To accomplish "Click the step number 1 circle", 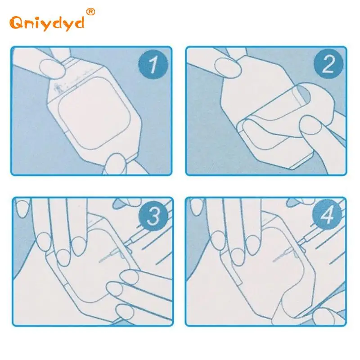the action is point(153,64).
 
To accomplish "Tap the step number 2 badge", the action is point(328,64).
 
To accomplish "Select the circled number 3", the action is point(153,216).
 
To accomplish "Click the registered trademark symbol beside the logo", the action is point(91,12).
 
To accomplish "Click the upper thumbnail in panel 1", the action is point(51,68).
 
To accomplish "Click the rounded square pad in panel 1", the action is point(94,113).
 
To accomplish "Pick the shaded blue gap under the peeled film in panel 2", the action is point(303,94).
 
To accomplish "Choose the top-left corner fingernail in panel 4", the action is point(197,207).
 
